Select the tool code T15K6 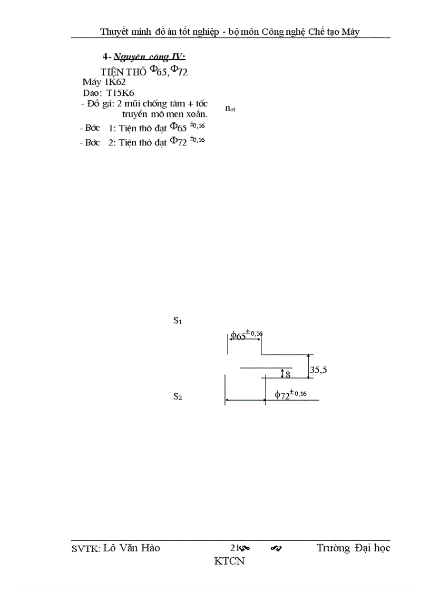click(120, 93)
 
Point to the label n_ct click(230, 109)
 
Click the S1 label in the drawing click(178, 320)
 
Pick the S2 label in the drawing click(178, 397)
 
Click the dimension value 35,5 click(318, 370)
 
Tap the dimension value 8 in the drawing click(288, 375)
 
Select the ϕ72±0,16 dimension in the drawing click(291, 394)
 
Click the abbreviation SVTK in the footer click(85, 549)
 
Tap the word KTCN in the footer click(229, 561)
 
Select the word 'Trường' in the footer click(333, 548)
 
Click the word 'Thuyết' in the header click(114, 32)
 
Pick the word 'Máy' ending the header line click(350, 32)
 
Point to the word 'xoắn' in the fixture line click(195, 114)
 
